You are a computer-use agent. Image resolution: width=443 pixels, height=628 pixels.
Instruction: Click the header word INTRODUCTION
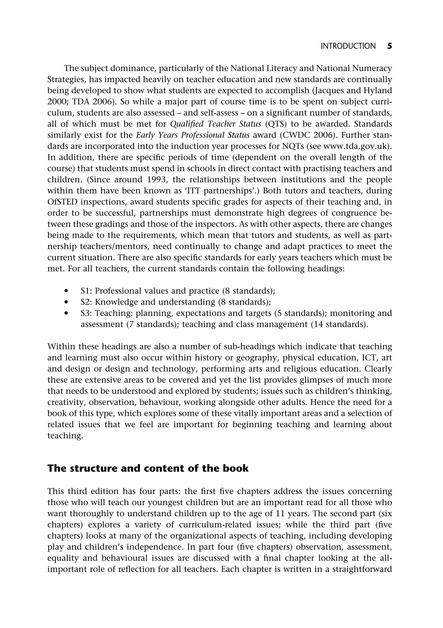click(x=348, y=46)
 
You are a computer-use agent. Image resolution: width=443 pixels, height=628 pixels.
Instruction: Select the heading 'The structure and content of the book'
click(x=148, y=468)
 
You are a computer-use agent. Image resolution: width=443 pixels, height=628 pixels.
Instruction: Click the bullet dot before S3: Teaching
click(x=66, y=313)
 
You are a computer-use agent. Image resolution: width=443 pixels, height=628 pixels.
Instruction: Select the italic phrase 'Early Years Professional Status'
click(x=193, y=135)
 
